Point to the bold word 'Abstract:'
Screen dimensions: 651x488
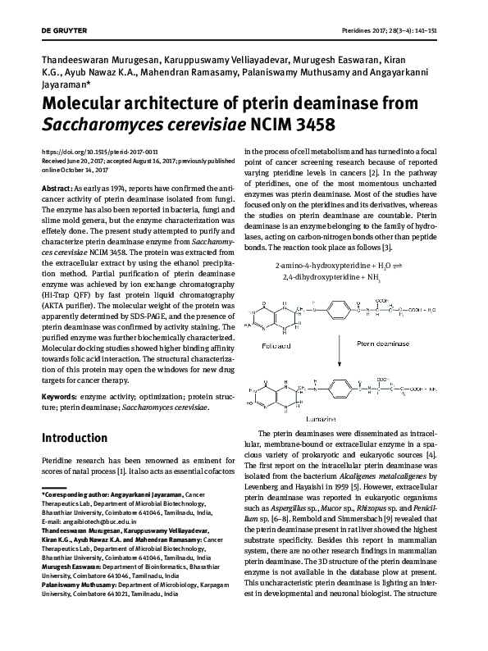point(59,188)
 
